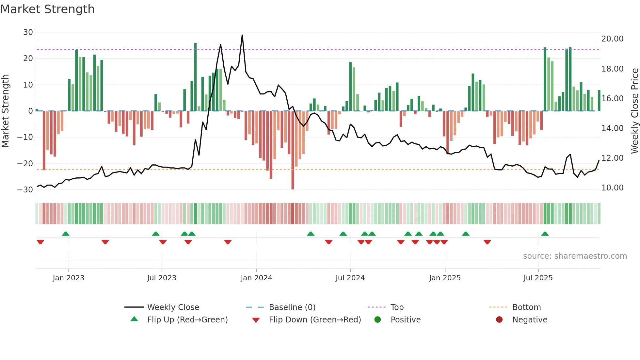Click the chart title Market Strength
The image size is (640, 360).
[x=47, y=9]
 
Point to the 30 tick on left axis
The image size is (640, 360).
[x=28, y=32]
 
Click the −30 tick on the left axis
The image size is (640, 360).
[x=25, y=190]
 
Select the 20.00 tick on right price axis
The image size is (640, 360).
[x=612, y=39]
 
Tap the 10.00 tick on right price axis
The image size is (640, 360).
[x=612, y=188]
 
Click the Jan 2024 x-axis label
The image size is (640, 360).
[x=256, y=278]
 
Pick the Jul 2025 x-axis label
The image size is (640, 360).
[x=538, y=278]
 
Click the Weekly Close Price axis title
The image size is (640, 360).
[x=634, y=111]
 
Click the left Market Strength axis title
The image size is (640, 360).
[x=5, y=111]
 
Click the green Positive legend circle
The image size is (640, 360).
[x=377, y=320]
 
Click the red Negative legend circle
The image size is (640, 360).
[x=499, y=320]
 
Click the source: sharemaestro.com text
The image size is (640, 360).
[x=575, y=256]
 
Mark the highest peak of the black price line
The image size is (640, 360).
[x=242, y=35]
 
